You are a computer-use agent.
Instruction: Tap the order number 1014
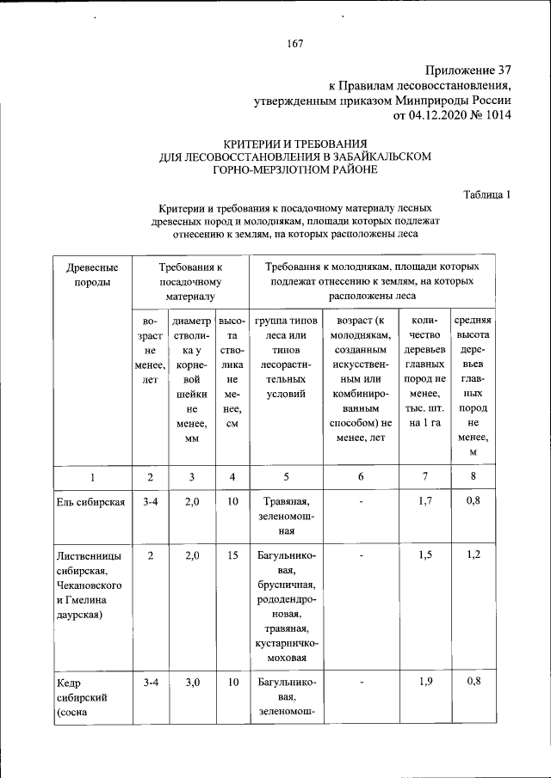pos(497,115)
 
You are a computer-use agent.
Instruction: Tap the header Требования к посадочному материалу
pos(190,282)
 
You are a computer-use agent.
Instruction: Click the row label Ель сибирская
pos(91,502)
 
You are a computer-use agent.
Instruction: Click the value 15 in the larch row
pos(232,556)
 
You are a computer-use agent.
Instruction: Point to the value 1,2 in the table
pos(473,556)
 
